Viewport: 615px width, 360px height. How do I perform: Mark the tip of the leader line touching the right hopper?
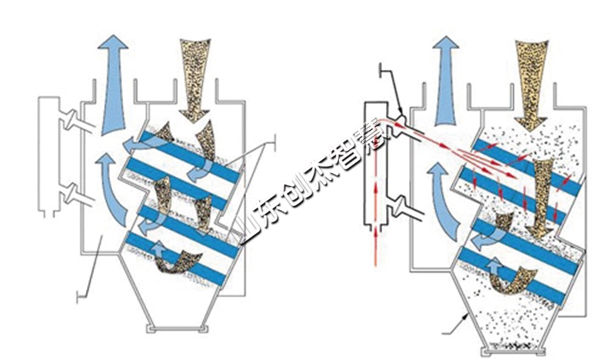click(470, 313)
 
